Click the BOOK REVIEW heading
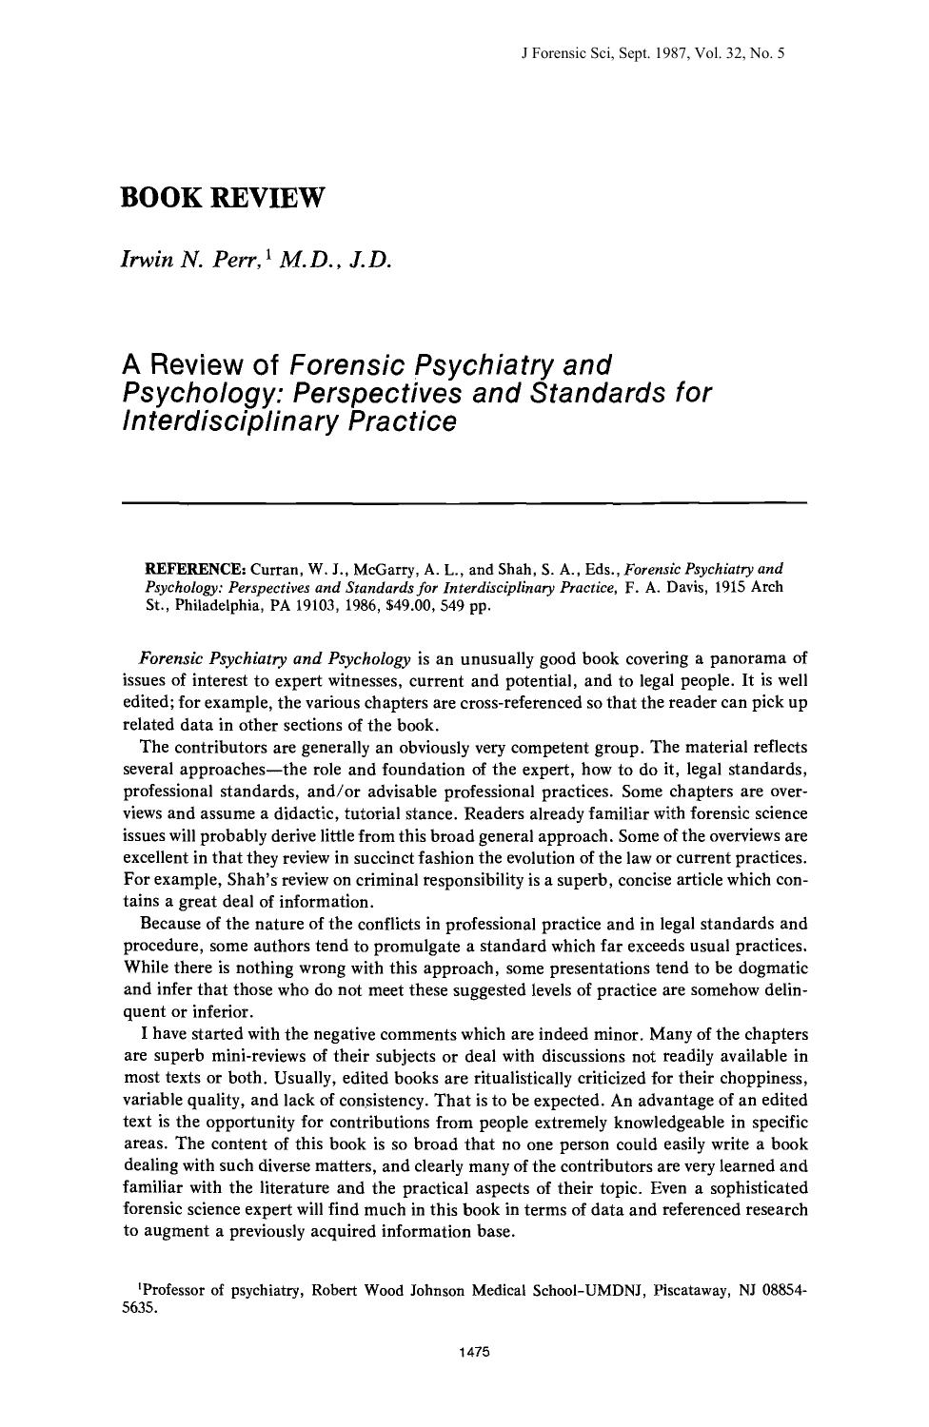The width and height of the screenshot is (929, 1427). click(x=224, y=199)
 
